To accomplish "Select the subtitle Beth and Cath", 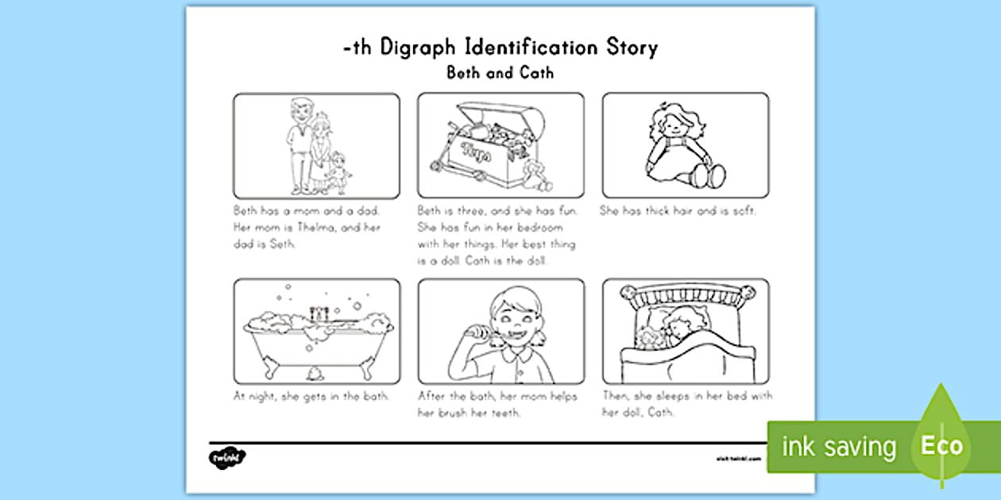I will [x=500, y=73].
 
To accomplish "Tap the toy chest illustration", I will [x=500, y=146].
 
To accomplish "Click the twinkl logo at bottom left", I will [x=227, y=458].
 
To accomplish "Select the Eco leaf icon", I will [x=942, y=445].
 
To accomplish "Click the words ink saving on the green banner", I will [x=838, y=447].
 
